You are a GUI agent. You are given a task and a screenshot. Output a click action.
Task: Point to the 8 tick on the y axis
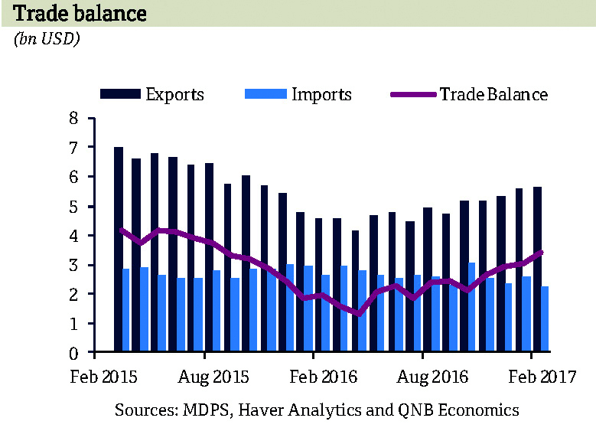73,118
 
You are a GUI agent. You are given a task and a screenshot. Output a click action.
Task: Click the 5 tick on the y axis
73,207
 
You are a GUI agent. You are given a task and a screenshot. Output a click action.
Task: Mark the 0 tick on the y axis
73,354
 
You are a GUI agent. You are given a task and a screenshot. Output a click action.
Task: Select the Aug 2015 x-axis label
204,377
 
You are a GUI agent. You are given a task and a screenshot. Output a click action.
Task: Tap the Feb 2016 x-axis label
314,377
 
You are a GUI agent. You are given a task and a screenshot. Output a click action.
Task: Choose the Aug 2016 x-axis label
423,377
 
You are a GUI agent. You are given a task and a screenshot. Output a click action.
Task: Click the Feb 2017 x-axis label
532,377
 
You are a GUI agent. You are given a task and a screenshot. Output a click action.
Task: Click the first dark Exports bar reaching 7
119,250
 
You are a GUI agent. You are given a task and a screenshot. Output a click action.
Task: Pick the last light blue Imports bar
546,319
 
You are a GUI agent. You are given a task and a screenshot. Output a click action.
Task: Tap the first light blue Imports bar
126,311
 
